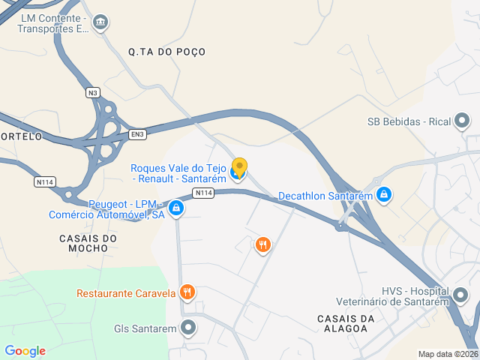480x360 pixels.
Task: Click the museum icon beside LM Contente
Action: pyautogui.click(x=99, y=23)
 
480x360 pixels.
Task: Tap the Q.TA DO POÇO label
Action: pyautogui.click(x=166, y=52)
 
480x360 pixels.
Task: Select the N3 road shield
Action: pyautogui.click(x=92, y=93)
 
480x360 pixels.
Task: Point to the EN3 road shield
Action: pyautogui.click(x=136, y=134)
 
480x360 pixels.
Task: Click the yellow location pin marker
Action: pyautogui.click(x=239, y=169)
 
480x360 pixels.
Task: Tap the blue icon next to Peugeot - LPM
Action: pyautogui.click(x=175, y=208)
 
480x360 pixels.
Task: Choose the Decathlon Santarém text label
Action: pyautogui.click(x=325, y=196)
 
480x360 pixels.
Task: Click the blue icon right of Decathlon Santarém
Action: pyautogui.click(x=384, y=195)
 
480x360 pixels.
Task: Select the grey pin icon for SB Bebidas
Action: pyautogui.click(x=462, y=121)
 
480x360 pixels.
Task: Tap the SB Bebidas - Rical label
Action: pyautogui.click(x=408, y=121)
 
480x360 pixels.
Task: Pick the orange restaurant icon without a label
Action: pyautogui.click(x=262, y=244)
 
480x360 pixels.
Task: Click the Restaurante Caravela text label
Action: pyautogui.click(x=126, y=292)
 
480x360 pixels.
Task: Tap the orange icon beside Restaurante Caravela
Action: pyautogui.click(x=187, y=292)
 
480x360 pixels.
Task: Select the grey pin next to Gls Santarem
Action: pyautogui.click(x=188, y=328)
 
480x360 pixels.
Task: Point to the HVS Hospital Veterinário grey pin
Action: pyautogui.click(x=462, y=297)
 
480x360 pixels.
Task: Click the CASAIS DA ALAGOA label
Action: pyautogui.click(x=346, y=325)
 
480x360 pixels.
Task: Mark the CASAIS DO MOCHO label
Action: pyautogui.click(x=88, y=244)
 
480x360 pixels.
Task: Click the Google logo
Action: pyautogui.click(x=25, y=351)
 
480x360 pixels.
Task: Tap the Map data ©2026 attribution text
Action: pyautogui.click(x=447, y=354)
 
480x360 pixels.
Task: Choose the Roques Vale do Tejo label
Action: pyautogui.click(x=178, y=173)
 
